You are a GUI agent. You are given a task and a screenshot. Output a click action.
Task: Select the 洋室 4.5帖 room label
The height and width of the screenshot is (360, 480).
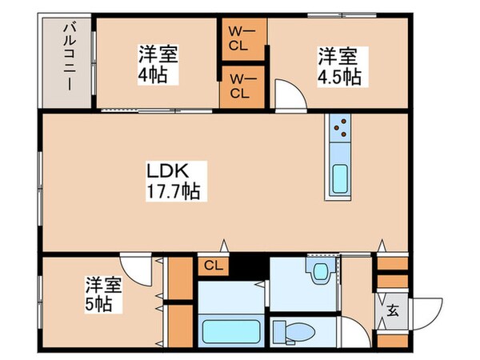click(339, 67)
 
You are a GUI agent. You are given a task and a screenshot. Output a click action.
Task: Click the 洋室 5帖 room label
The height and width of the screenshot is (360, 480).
click(104, 294)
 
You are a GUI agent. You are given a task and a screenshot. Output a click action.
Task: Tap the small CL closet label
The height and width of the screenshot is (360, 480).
click(213, 266)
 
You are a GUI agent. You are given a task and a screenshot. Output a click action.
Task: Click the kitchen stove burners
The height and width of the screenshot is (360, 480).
click(339, 129)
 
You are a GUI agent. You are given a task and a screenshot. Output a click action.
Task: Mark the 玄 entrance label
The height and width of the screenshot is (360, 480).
click(393, 311)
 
